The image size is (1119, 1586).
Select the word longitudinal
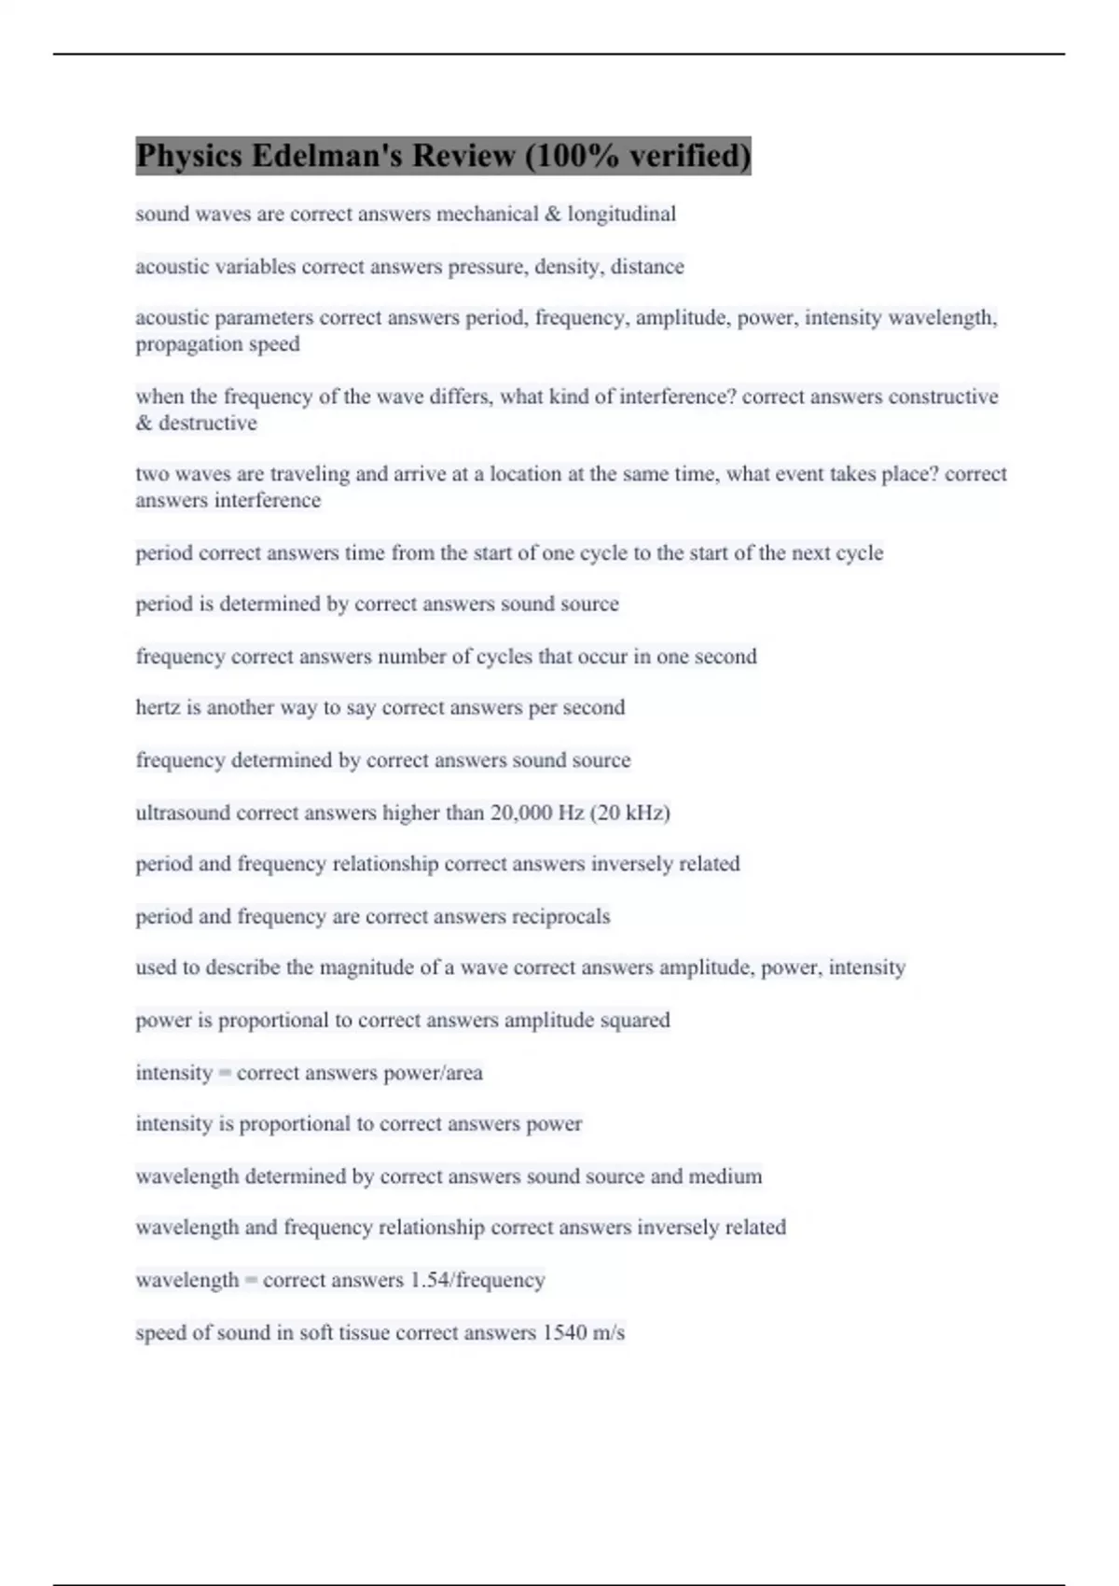(622, 214)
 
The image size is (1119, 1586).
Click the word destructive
(207, 423)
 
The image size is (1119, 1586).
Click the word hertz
(158, 707)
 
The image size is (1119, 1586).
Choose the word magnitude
(366, 967)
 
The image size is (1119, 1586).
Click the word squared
(634, 1020)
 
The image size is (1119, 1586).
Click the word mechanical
(487, 214)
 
